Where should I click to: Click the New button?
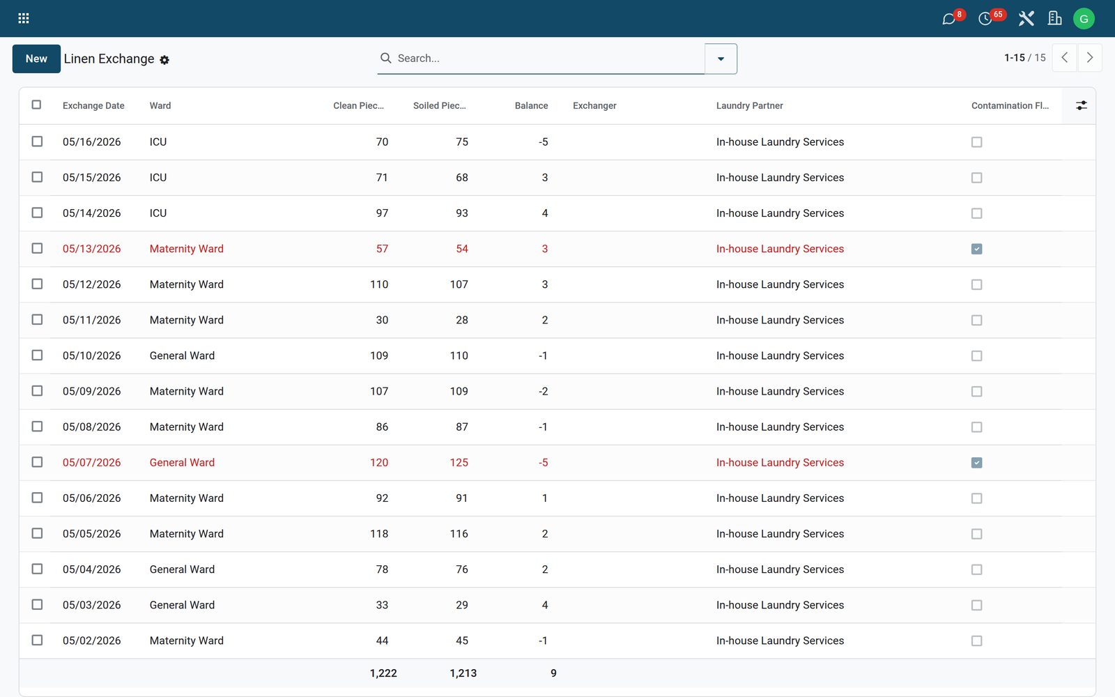point(36,59)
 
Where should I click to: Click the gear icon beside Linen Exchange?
point(164,60)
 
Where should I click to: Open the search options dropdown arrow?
point(721,59)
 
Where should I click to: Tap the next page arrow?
point(1090,58)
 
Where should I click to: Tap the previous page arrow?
point(1065,58)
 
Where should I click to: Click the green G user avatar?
point(1084,18)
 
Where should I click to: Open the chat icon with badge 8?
point(948,19)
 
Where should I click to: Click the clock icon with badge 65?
point(985,19)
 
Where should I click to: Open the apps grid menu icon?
point(24,18)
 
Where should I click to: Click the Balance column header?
point(531,105)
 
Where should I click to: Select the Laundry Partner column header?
point(749,105)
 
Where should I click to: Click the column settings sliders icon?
point(1081,105)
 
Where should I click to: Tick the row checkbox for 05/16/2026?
point(37,141)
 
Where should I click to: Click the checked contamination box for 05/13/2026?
point(976,249)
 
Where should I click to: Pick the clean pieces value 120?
point(379,463)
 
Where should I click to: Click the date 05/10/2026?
point(91,355)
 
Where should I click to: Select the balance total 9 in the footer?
point(553,673)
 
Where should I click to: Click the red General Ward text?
point(182,463)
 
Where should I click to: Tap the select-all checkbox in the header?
point(36,105)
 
